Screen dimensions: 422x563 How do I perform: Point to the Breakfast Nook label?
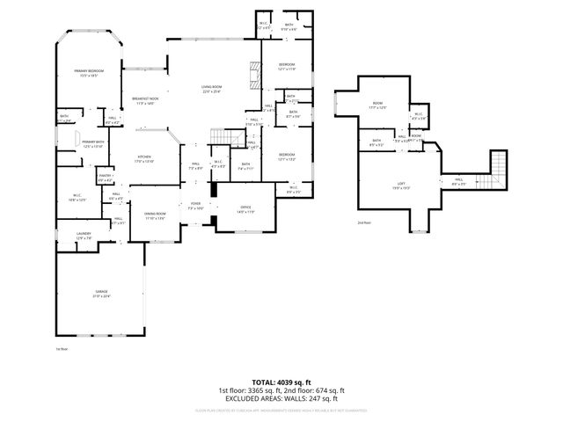coord(145,100)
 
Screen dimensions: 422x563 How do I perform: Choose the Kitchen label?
coord(144,159)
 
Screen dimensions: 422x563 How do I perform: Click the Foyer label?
coord(195,206)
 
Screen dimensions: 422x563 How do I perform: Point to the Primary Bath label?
coord(93,144)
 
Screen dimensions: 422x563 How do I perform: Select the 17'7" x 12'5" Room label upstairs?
coord(377,105)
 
